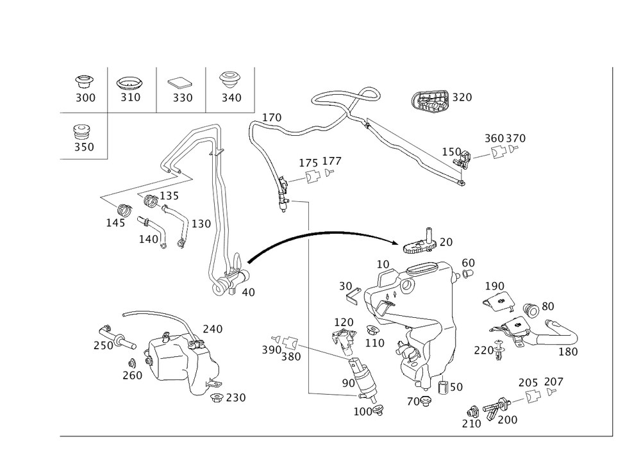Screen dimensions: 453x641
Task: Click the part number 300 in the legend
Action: [x=85, y=98]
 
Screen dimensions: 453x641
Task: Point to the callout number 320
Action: [x=462, y=97]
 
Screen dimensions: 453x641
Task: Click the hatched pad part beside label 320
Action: [x=429, y=101]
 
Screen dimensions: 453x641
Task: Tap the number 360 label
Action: [x=494, y=138]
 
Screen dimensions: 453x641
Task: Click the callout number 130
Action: [x=202, y=224]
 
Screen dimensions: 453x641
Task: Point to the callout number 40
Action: [x=247, y=292]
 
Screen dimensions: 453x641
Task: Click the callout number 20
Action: [x=445, y=242]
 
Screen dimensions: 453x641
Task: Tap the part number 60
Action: [x=469, y=263]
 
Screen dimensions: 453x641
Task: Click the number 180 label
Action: [x=568, y=351]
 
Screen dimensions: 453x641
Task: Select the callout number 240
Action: [x=212, y=329]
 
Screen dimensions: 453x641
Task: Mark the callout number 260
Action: [x=133, y=375]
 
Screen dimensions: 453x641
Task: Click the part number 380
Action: [x=291, y=357]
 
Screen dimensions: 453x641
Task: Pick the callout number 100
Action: [x=363, y=411]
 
